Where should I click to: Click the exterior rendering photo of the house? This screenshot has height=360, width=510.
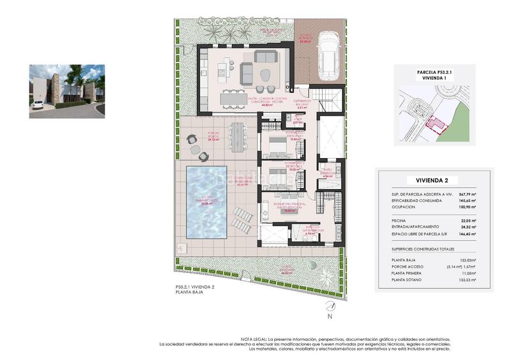(66, 91)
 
